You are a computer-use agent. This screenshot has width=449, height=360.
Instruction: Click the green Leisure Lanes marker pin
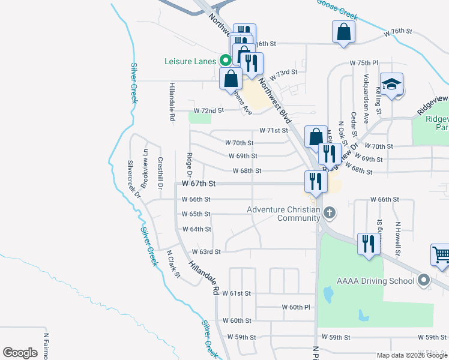pos(225,60)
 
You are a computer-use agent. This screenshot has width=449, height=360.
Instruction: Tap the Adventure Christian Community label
pos(283,214)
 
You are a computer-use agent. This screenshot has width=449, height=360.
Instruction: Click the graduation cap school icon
pos(391,85)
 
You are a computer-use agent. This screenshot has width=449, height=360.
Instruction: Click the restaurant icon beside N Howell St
pos(369,244)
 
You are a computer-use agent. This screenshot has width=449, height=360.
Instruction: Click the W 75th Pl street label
pos(364,63)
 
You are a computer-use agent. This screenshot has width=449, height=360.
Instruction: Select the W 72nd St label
pos(208,111)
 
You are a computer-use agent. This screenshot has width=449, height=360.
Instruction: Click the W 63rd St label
pos(206,252)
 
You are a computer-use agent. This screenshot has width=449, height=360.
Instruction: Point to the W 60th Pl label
pos(295,307)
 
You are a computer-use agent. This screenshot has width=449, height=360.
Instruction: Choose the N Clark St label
pos(173,265)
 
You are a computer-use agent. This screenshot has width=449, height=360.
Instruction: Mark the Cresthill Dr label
pos(160,173)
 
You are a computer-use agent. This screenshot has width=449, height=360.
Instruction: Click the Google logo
pos(20,353)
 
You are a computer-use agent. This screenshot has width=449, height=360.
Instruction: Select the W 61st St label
pos(236,293)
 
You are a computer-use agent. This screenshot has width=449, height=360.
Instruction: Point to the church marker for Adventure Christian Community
pos(329,212)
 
